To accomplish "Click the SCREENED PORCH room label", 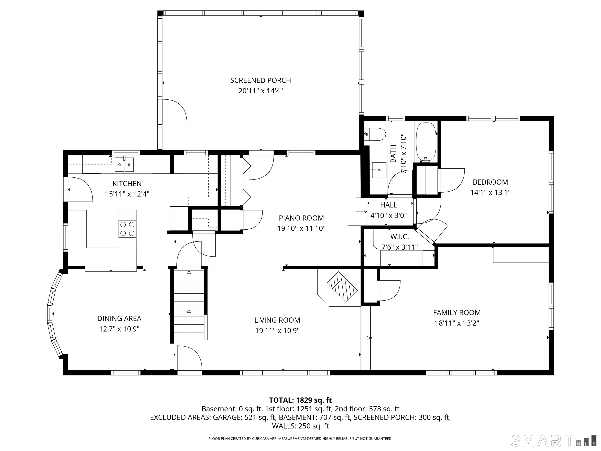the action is pos(261,80).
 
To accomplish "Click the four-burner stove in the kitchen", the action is pos(127,229).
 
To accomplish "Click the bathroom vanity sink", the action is pos(379,170).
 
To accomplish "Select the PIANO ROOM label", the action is pos(301,218).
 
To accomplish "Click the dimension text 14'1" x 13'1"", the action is pos(490,192).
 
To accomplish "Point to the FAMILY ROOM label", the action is pos(457,313).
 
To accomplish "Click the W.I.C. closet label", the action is pos(399,237).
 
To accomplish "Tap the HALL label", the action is pos(389,205).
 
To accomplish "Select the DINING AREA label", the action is pos(119,318).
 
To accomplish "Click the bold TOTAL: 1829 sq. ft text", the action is pos(300,400).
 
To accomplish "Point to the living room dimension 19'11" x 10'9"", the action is pos(277,331).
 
